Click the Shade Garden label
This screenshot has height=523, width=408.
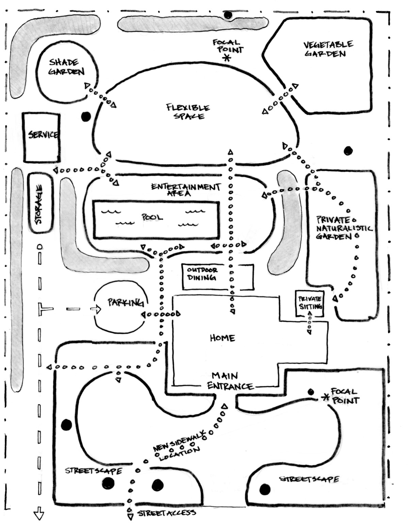[x=66, y=67]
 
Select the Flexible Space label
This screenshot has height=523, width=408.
[x=188, y=112]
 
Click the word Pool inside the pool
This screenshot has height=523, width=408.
[x=152, y=217]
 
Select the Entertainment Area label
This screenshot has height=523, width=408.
[x=185, y=189]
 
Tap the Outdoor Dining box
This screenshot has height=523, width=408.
[x=218, y=277]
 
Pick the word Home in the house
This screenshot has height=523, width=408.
[x=222, y=338]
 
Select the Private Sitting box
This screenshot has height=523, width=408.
[x=310, y=303]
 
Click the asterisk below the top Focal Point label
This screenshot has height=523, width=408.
[x=226, y=58]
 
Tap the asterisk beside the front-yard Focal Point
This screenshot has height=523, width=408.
[x=326, y=397]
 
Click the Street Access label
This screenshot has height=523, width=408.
[x=166, y=513]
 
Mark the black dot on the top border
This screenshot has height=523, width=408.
[x=228, y=15]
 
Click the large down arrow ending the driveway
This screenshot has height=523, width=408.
[x=39, y=514]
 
